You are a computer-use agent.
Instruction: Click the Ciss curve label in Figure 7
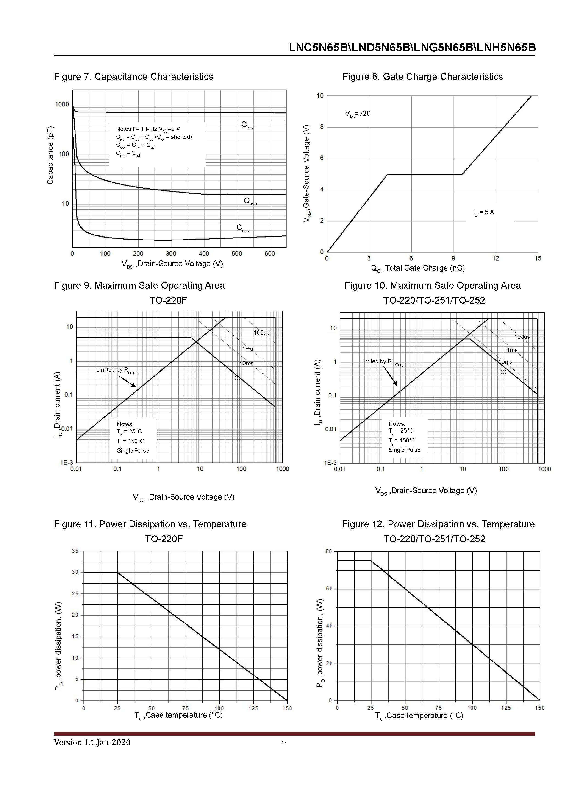pos(247,125)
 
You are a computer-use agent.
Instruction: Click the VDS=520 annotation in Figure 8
pos(358,114)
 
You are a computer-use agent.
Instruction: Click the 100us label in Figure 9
pos(262,332)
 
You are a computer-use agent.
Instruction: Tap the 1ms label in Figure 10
pos(512,350)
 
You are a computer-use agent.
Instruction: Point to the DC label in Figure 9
pos(236,378)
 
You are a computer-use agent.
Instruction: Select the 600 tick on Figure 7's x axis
pos(269,254)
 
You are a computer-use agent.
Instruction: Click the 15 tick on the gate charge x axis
pos(538,258)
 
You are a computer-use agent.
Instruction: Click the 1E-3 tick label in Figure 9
pos(67,462)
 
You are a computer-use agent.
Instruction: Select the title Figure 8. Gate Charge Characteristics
pos(422,77)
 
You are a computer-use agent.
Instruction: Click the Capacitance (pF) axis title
pos(50,155)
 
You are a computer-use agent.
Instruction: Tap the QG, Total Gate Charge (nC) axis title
pos(418,268)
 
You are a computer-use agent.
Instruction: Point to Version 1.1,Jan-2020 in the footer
pos(92,742)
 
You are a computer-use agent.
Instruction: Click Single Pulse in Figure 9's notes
pos(133,450)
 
